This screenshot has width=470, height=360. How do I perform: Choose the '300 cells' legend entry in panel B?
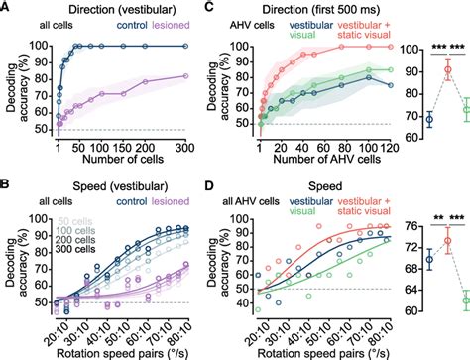coord(66,248)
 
